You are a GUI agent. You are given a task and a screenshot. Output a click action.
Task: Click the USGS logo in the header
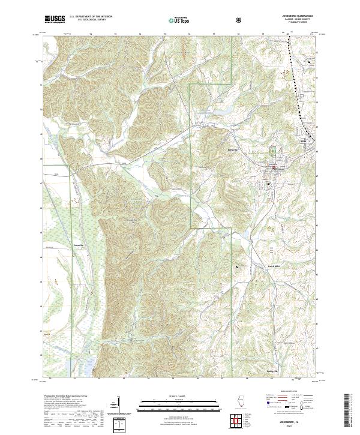[55, 19]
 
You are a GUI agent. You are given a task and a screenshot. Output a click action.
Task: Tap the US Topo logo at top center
[173, 20]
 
